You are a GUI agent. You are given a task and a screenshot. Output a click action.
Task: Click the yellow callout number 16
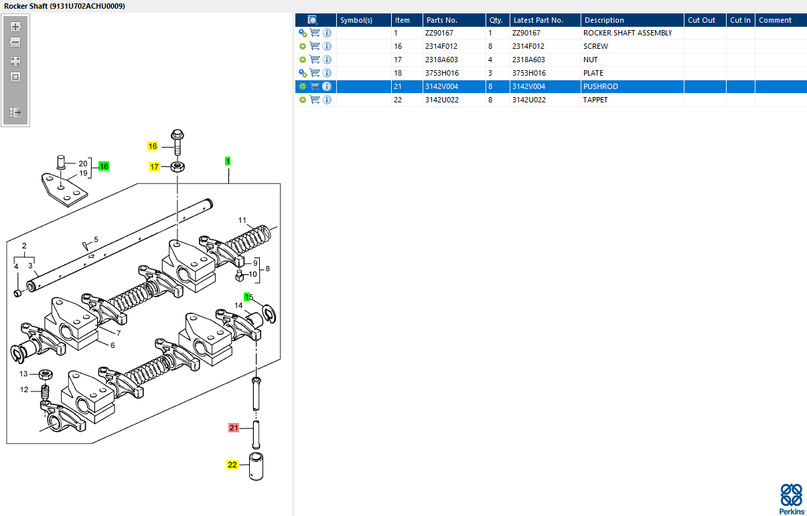[x=153, y=146]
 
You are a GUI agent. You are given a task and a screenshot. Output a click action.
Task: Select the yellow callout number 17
[x=154, y=167]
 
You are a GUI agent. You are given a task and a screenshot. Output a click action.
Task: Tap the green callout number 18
[x=104, y=166]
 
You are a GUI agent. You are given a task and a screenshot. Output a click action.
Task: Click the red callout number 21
[x=234, y=427]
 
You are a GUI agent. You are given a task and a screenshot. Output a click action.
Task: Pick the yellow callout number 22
[x=232, y=464]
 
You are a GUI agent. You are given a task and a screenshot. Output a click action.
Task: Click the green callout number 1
[x=228, y=161]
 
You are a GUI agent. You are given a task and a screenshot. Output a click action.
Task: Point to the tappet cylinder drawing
[x=256, y=466]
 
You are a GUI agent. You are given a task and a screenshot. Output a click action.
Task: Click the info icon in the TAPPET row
[x=327, y=100]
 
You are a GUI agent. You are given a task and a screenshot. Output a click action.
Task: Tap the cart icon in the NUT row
[x=315, y=60]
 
